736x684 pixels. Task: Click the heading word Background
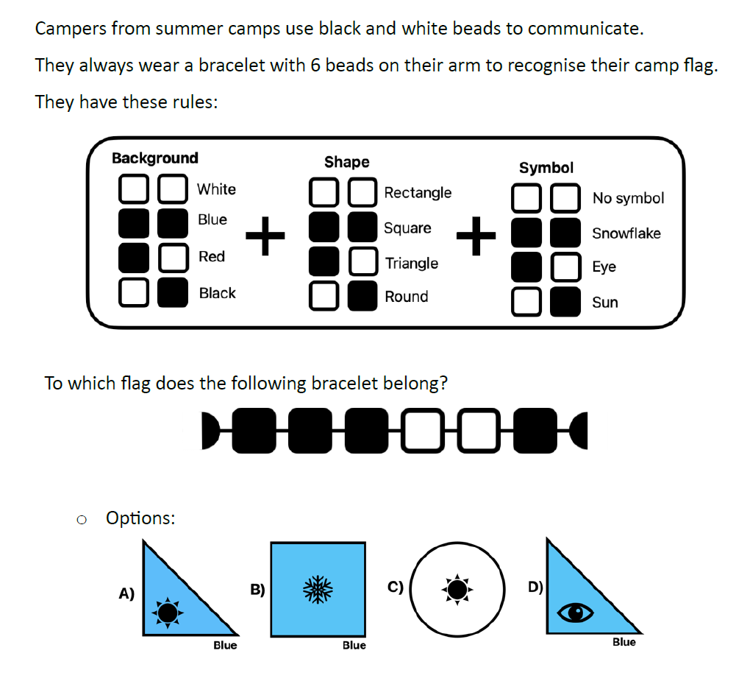click(x=154, y=158)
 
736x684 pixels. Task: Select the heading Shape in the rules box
click(x=346, y=162)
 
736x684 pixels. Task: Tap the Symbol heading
click(x=546, y=168)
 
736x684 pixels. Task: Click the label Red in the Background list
click(x=211, y=257)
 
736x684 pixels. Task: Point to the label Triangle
click(x=411, y=264)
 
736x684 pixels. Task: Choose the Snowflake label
click(x=626, y=233)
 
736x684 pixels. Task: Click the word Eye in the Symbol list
click(x=604, y=267)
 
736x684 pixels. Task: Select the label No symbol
click(x=627, y=198)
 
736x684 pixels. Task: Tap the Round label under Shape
click(x=406, y=297)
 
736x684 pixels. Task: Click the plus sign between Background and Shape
click(x=265, y=237)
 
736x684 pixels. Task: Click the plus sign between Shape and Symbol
click(x=476, y=236)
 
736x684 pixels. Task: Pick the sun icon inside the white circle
click(x=457, y=589)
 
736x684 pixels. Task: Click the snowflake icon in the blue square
click(x=318, y=589)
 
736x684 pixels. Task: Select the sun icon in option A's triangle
click(x=168, y=612)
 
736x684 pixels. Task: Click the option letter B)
click(x=257, y=589)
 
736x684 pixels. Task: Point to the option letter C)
click(x=396, y=587)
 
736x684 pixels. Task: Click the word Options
click(x=140, y=518)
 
